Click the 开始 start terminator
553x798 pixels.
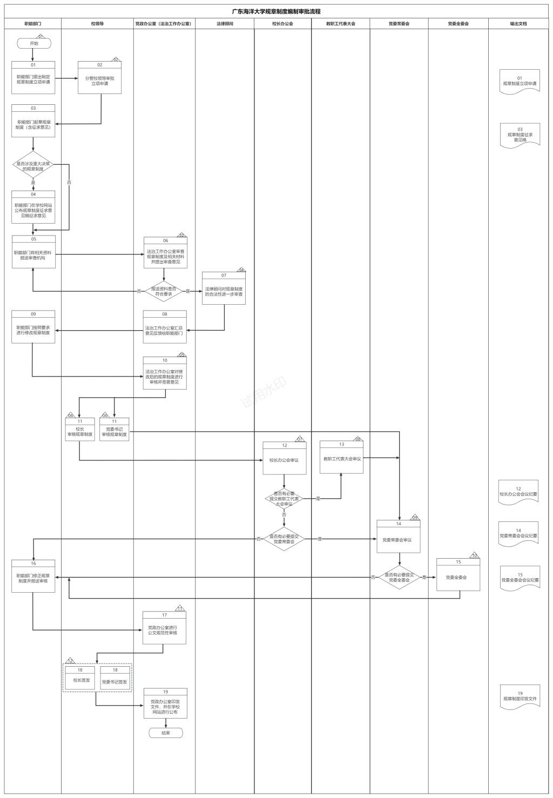click(34, 43)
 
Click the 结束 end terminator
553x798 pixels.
click(166, 733)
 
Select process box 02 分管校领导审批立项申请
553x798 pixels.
click(99, 81)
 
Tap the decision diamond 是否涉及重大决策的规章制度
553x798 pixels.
click(33, 166)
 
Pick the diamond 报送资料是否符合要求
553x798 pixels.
click(164, 292)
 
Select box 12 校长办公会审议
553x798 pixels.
click(284, 460)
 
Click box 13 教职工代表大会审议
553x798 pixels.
click(341, 459)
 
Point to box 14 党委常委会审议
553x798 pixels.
click(398, 539)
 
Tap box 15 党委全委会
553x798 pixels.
click(458, 577)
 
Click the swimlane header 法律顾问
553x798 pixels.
click(225, 24)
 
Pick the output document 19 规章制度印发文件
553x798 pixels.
click(520, 696)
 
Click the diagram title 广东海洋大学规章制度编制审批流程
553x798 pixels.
click(276, 11)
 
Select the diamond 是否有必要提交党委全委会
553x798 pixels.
click(399, 578)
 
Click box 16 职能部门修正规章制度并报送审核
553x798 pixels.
click(33, 578)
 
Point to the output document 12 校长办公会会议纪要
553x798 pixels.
click(518, 492)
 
